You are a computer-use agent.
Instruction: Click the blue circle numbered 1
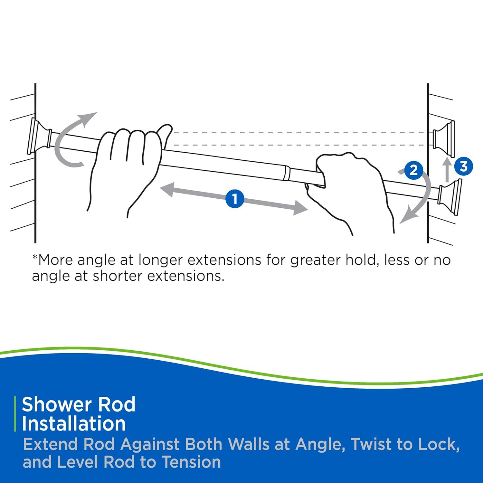pos(235,198)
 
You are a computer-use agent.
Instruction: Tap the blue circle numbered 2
pos(413,170)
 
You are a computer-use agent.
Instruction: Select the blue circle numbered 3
pos(464,166)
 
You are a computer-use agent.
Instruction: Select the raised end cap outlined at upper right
pos(444,135)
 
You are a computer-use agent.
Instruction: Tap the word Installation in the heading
pos(74,424)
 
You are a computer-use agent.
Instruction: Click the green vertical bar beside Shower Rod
pos(15,414)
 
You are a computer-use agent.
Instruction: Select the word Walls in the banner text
pos(248,444)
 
